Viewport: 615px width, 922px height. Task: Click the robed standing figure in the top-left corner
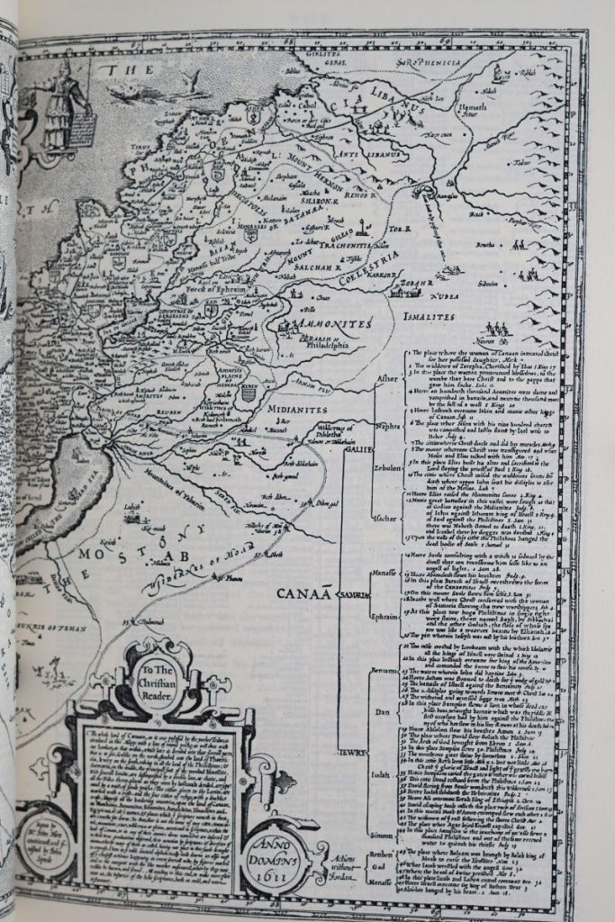[x=65, y=104]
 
